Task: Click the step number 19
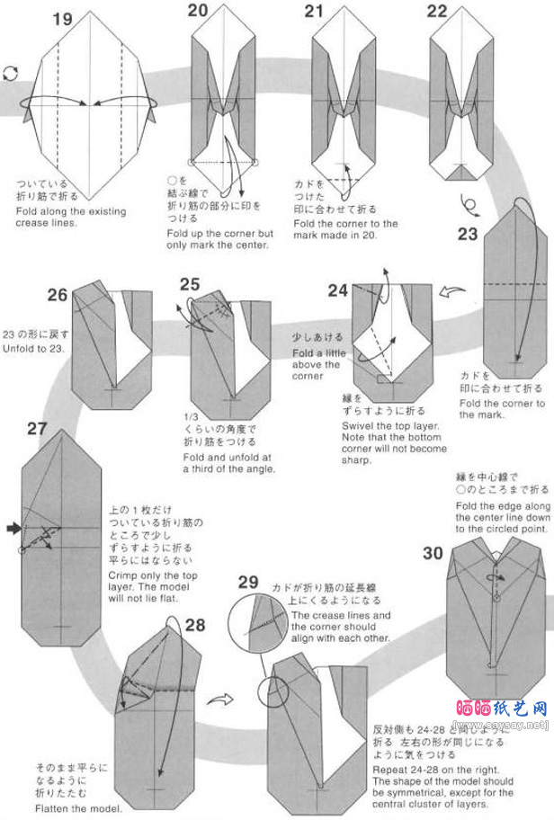pyautogui.click(x=62, y=20)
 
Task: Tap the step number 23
pyautogui.click(x=469, y=235)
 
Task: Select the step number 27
pyautogui.click(x=37, y=428)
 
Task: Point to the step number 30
pyautogui.click(x=433, y=553)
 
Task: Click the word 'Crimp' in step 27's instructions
pyautogui.click(x=124, y=573)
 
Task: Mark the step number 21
pyautogui.click(x=313, y=11)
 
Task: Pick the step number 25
pyautogui.click(x=189, y=285)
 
